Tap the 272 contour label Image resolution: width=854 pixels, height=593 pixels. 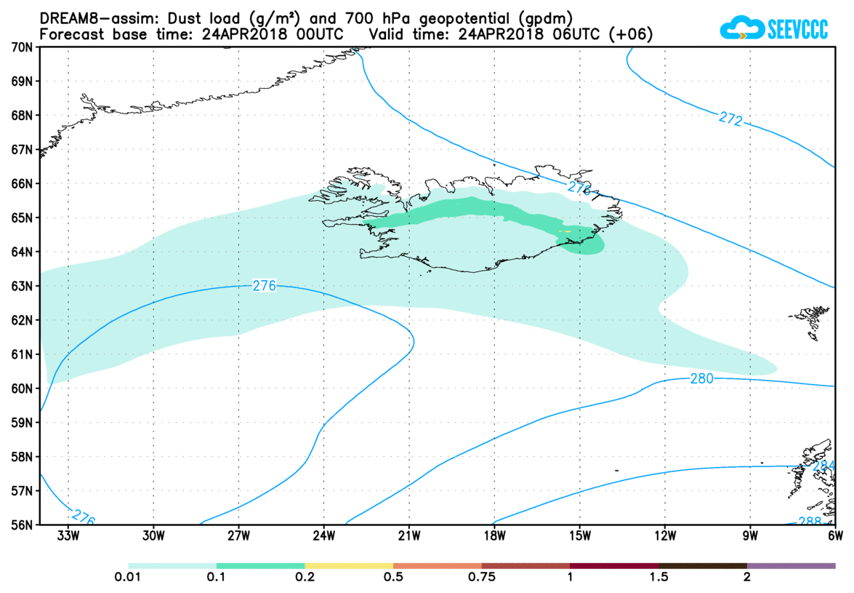click(x=730, y=119)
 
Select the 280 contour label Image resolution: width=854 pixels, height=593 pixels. click(x=702, y=378)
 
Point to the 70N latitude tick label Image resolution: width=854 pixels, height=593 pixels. click(x=23, y=47)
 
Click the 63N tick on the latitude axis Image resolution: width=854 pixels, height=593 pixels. click(x=23, y=286)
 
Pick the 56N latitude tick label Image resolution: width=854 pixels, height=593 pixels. click(x=23, y=525)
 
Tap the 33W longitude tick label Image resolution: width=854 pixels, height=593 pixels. click(x=68, y=537)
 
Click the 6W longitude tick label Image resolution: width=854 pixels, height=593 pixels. click(x=835, y=537)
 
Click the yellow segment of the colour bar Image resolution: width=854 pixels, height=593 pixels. click(x=349, y=565)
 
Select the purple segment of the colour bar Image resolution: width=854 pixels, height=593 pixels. click(x=791, y=565)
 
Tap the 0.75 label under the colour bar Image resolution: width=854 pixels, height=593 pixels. click(x=481, y=578)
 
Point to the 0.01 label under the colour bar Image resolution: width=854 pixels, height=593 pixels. click(x=128, y=578)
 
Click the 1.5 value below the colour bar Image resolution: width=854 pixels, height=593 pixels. click(x=658, y=578)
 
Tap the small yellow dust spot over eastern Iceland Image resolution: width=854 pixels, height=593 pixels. click(x=567, y=231)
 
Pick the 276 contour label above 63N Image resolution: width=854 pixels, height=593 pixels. click(x=264, y=286)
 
